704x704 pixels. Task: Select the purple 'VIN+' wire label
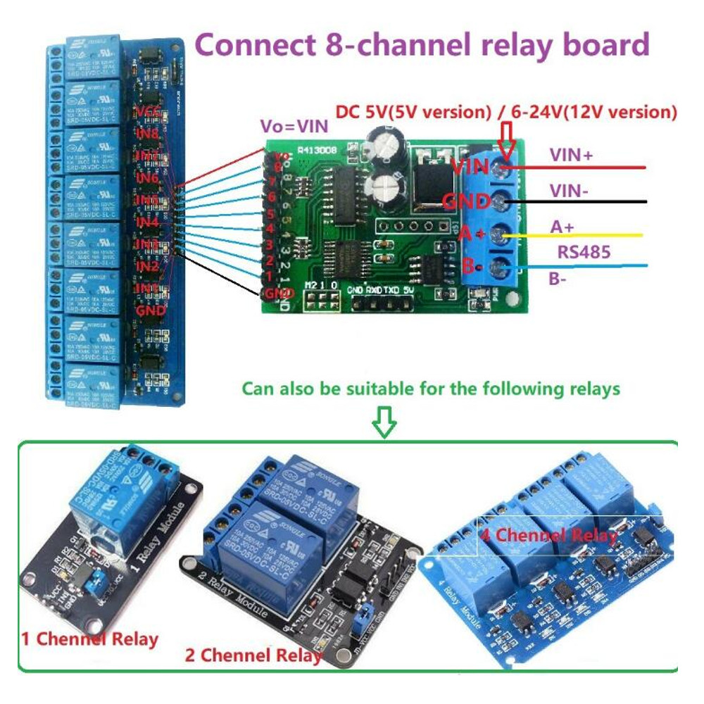[570, 156]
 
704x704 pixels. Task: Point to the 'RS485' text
[582, 251]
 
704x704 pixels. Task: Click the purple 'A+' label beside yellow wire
[561, 226]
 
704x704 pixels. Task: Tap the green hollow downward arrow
[384, 422]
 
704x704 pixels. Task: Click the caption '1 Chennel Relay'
[89, 639]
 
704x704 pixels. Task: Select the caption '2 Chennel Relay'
[253, 655]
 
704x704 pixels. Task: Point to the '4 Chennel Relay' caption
[550, 534]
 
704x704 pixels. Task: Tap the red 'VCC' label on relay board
[149, 111]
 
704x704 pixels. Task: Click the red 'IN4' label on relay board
[147, 222]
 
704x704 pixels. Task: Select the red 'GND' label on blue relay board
[150, 310]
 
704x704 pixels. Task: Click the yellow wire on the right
[577, 235]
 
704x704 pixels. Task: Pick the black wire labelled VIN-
[577, 201]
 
